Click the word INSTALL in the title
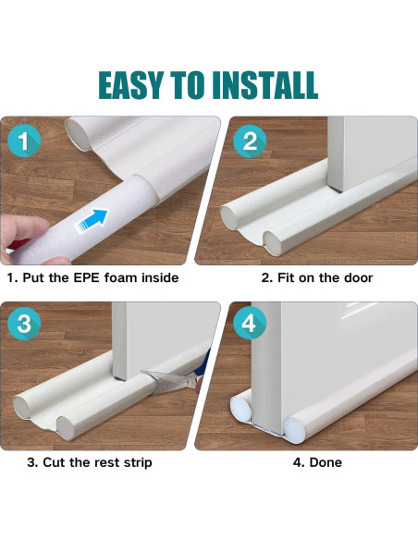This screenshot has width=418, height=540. (265, 84)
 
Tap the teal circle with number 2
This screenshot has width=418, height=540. (250, 142)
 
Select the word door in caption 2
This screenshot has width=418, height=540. (355, 277)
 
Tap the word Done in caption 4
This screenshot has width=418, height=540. (325, 462)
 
